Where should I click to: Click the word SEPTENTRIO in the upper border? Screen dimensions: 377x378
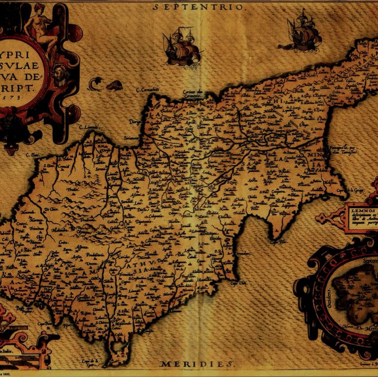coord(198,7)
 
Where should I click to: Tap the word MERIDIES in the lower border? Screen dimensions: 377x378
coord(196,364)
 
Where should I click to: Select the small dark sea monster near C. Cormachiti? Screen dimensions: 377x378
coord(114,86)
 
